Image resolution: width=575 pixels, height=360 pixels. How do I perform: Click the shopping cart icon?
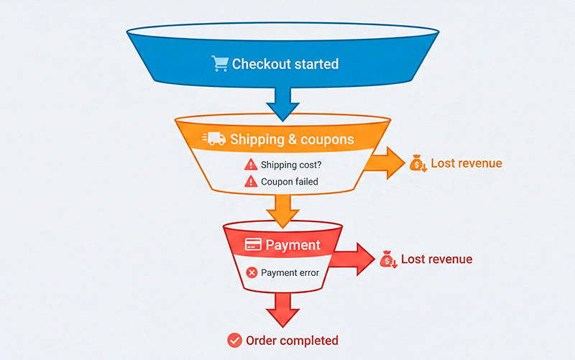pos(219,64)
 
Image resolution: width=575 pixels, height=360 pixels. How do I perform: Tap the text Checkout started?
pos(285,64)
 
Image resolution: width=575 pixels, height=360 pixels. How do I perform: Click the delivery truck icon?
pos(213,139)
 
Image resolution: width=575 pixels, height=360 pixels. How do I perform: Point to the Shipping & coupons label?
pos(292,139)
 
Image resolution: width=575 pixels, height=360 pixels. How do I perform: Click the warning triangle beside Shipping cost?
pos(250,164)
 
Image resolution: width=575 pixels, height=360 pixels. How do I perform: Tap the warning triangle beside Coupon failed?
pos(250,182)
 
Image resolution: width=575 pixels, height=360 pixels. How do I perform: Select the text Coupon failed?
pos(289,182)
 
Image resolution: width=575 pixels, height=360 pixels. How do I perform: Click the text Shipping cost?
pos(291,164)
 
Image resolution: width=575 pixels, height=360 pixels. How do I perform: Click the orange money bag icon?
pos(418,164)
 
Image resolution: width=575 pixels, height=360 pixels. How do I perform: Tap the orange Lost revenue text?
pos(466,163)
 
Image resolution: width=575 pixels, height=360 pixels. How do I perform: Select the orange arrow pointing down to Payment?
pos(282,209)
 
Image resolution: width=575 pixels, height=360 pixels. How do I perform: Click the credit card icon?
pos(252,245)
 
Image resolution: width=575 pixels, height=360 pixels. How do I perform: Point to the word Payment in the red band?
pos(293,245)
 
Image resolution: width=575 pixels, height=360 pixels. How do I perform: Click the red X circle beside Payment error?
pos(252,272)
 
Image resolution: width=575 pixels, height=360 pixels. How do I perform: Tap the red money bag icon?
pos(388,259)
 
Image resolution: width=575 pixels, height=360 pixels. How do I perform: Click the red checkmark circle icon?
pos(234,340)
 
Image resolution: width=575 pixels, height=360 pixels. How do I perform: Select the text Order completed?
pos(292,340)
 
